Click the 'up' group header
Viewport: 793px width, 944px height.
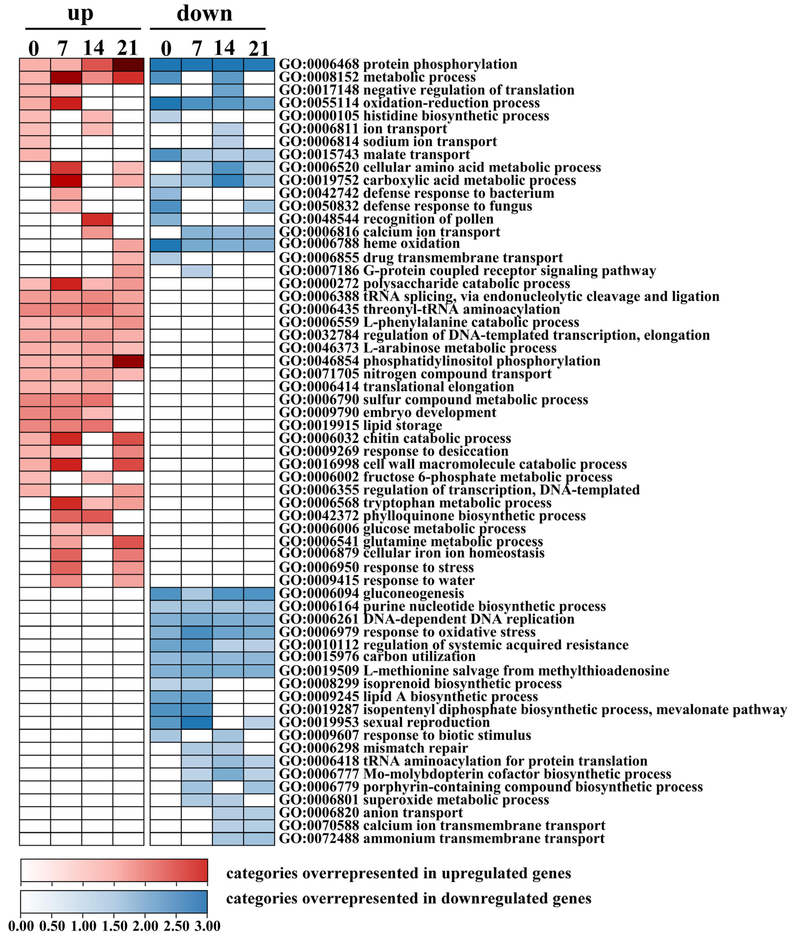81,13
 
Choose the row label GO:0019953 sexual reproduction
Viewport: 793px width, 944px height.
384,722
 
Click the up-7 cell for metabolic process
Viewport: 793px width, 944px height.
66,77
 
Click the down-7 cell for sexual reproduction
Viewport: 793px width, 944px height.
197,722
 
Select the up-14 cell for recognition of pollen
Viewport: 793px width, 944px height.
97,219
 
